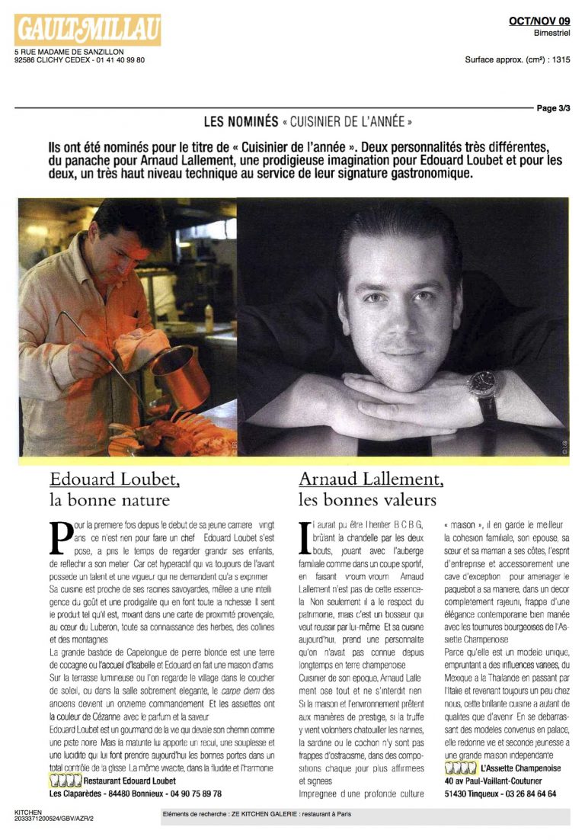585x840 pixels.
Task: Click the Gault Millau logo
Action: pyautogui.click(x=88, y=30)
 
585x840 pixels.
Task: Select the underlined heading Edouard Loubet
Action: pyautogui.click(x=115, y=479)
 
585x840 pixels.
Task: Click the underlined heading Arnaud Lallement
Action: pyautogui.click(x=370, y=479)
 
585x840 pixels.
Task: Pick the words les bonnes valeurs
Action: pyautogui.click(x=368, y=501)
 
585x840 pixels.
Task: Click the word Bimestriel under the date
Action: pyautogui.click(x=552, y=34)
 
